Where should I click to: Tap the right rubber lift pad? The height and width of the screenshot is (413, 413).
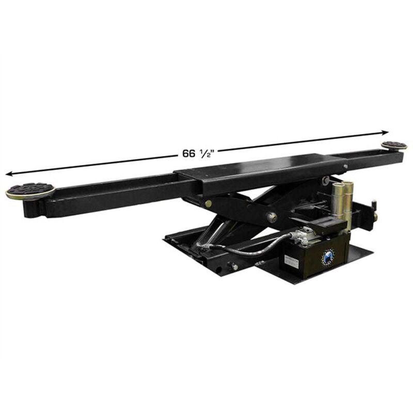[x=393, y=146]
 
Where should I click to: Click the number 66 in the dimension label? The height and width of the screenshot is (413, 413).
[x=188, y=154]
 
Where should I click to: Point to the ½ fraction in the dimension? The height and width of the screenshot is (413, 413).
[x=204, y=153]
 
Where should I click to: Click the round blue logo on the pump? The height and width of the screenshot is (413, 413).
[x=328, y=257]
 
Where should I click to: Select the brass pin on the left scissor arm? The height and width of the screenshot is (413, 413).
[x=208, y=203]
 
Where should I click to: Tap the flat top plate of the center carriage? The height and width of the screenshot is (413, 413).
[x=258, y=168]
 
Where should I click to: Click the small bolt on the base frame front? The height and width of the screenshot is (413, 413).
[x=233, y=266]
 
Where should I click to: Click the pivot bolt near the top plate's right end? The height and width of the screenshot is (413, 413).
[x=325, y=180]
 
